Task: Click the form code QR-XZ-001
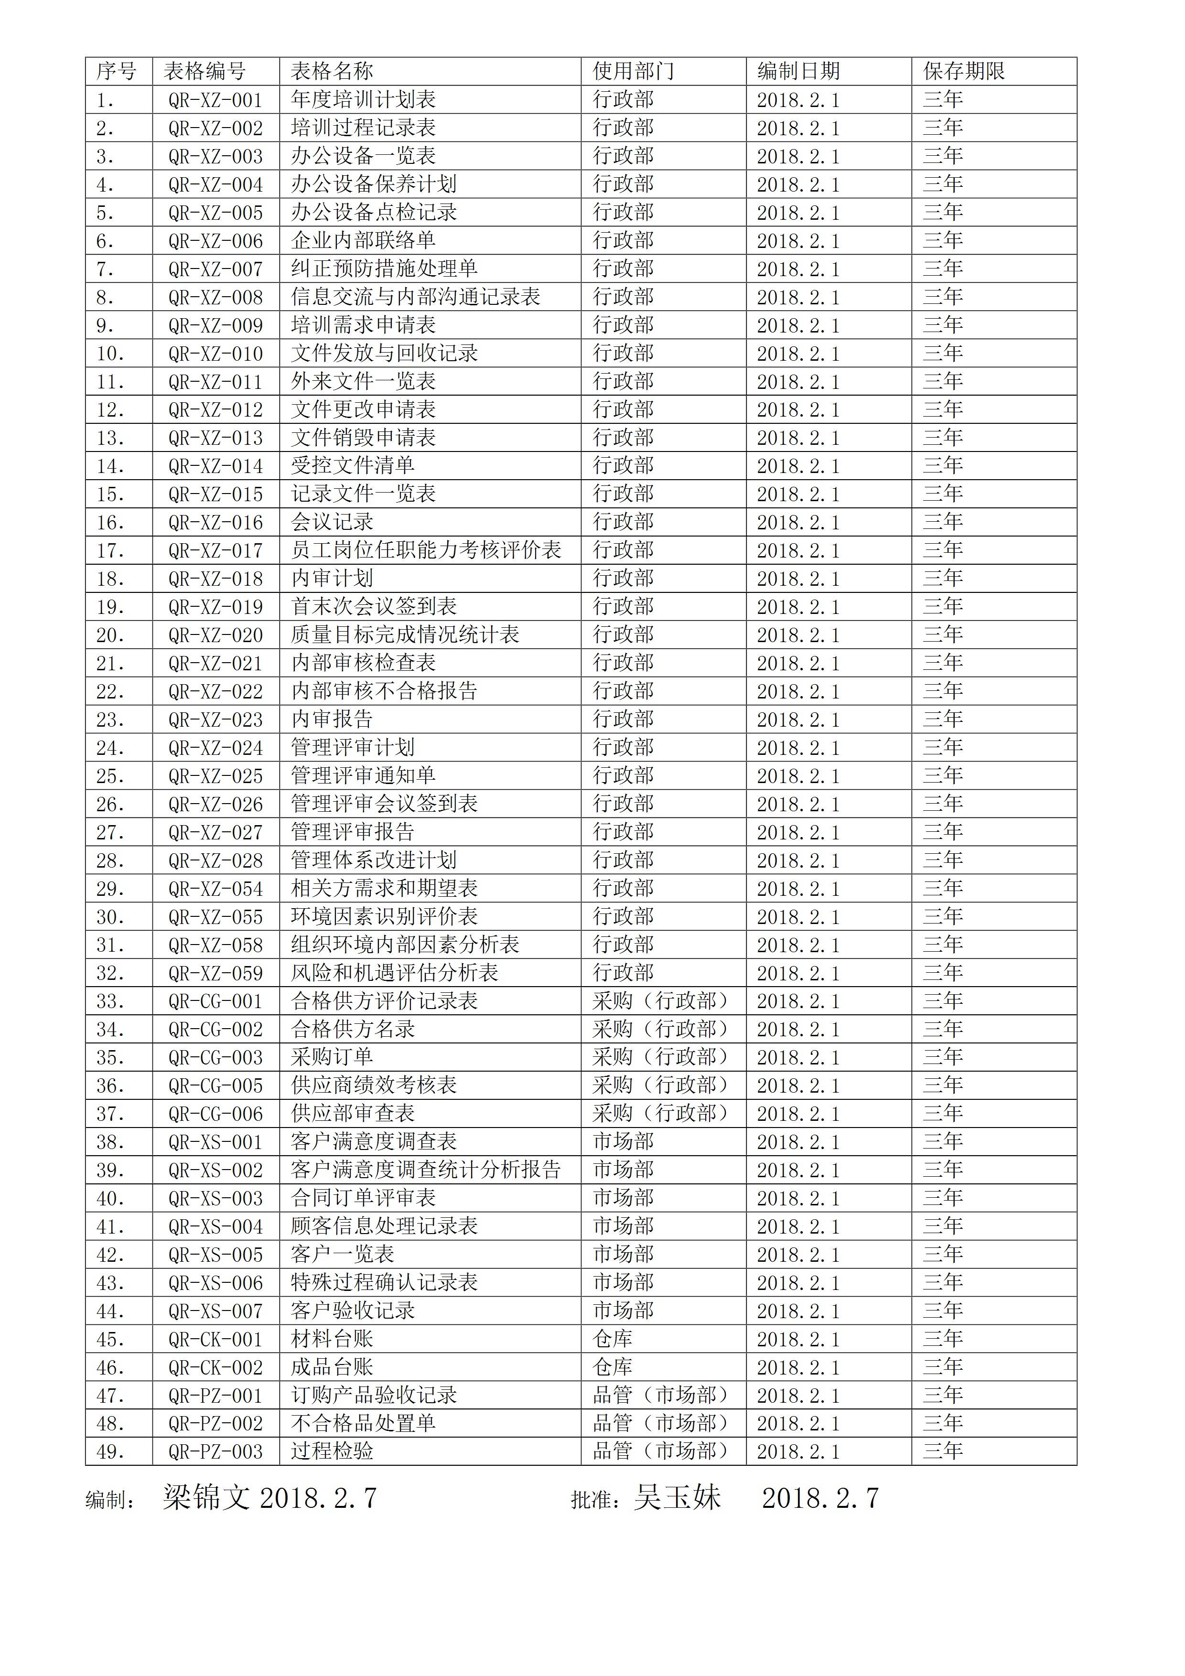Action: tap(215, 100)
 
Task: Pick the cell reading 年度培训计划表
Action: tap(363, 99)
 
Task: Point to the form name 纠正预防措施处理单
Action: tap(384, 269)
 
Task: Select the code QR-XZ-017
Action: tap(215, 550)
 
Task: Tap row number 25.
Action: tap(110, 776)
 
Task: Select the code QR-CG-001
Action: tap(215, 1001)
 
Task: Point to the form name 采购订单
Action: tap(332, 1057)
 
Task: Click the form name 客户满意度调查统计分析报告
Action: tap(426, 1170)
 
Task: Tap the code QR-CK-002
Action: tap(215, 1368)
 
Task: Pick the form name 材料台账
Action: tap(332, 1339)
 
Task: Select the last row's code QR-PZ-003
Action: tap(215, 1452)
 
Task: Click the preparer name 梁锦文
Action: tap(206, 1499)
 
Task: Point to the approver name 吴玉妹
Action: tap(677, 1499)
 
